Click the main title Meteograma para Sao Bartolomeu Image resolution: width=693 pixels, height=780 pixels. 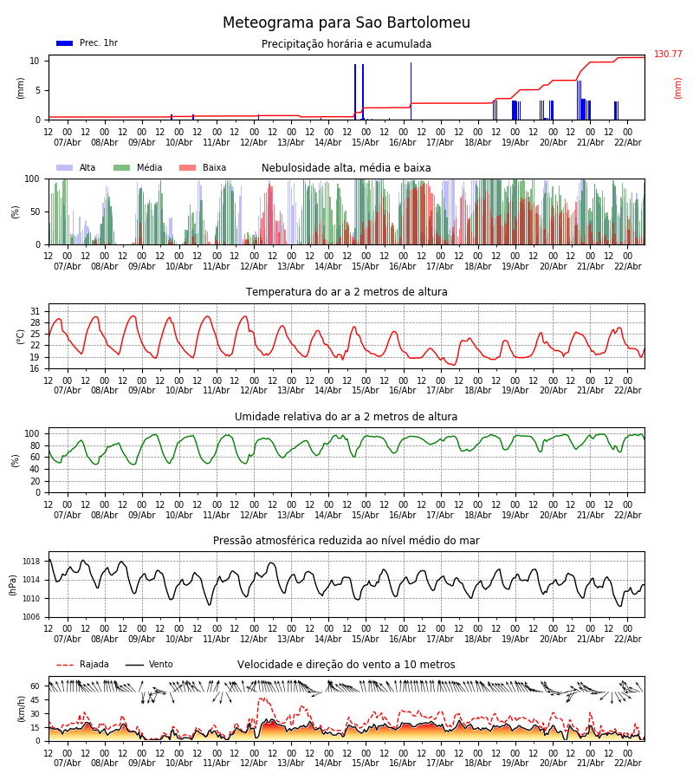pos(346,23)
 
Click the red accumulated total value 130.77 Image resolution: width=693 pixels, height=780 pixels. pos(668,55)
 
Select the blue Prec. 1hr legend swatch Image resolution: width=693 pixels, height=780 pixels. pos(64,43)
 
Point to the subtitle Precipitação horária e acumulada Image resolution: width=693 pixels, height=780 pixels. pos(346,44)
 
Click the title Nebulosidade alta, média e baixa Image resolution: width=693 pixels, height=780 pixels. pos(346,168)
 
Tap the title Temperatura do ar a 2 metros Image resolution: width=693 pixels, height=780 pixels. pos(346,292)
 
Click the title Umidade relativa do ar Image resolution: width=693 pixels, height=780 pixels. pos(346,417)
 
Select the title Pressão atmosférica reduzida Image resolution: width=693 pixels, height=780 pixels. pos(346,541)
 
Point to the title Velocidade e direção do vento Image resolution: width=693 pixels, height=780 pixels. pos(346,665)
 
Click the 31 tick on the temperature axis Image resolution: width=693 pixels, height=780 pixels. pos(35,311)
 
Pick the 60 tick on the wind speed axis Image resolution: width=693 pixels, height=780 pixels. pos(35,686)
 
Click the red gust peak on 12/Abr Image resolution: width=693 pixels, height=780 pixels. pos(262,699)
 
